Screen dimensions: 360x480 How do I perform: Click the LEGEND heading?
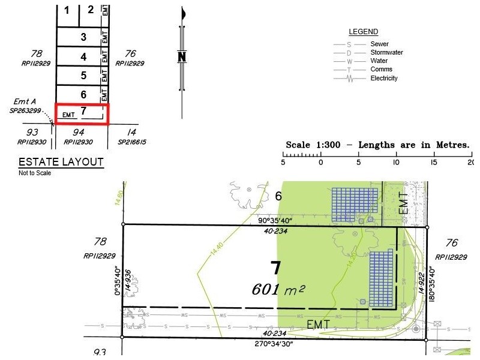[364, 32]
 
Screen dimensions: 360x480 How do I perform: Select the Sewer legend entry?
[379, 44]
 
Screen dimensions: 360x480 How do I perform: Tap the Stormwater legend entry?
[386, 53]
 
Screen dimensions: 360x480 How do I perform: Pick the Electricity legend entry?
[384, 79]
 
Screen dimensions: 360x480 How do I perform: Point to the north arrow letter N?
[182, 58]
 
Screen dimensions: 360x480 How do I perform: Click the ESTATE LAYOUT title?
[61, 162]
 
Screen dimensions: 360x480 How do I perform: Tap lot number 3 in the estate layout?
[83, 37]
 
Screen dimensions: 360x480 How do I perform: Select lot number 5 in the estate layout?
[83, 76]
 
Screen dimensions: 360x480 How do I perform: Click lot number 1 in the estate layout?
[67, 10]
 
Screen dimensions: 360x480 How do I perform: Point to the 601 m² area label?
[279, 289]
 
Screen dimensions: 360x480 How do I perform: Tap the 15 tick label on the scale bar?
[433, 163]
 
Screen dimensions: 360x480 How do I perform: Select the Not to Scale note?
[35, 173]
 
